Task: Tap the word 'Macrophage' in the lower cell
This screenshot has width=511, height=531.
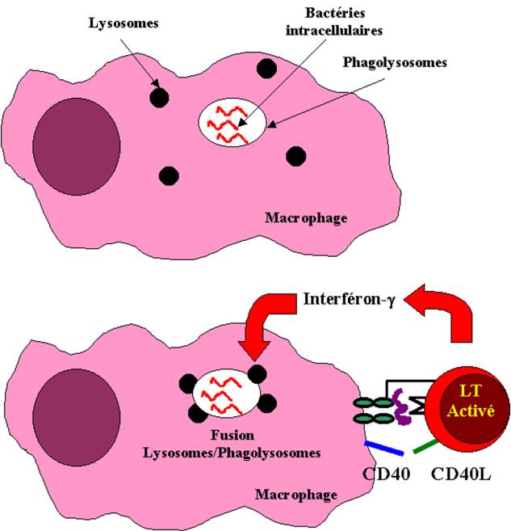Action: point(287,493)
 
